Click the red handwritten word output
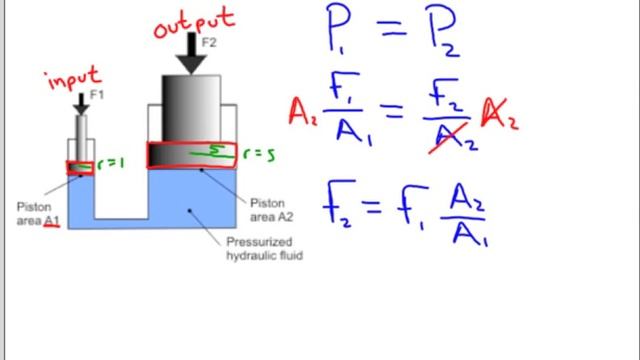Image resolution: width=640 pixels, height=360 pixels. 194,23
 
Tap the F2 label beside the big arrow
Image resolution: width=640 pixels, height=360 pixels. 209,42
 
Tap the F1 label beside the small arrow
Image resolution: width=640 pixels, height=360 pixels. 97,95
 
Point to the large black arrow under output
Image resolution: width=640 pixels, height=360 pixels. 191,53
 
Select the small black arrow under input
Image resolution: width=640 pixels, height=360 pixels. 81,104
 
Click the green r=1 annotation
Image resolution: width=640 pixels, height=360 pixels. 110,164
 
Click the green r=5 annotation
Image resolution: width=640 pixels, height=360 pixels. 259,154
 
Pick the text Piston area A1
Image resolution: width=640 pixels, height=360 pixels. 38,214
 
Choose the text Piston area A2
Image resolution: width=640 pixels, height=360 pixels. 271,210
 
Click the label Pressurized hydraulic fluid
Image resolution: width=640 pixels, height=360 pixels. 264,249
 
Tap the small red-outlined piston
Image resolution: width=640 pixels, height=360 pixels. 80,168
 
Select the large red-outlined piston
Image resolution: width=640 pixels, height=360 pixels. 191,155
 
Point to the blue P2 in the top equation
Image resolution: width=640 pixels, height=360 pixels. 442,31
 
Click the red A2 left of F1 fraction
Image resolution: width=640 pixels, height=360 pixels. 302,112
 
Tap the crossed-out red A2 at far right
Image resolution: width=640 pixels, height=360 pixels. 500,113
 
